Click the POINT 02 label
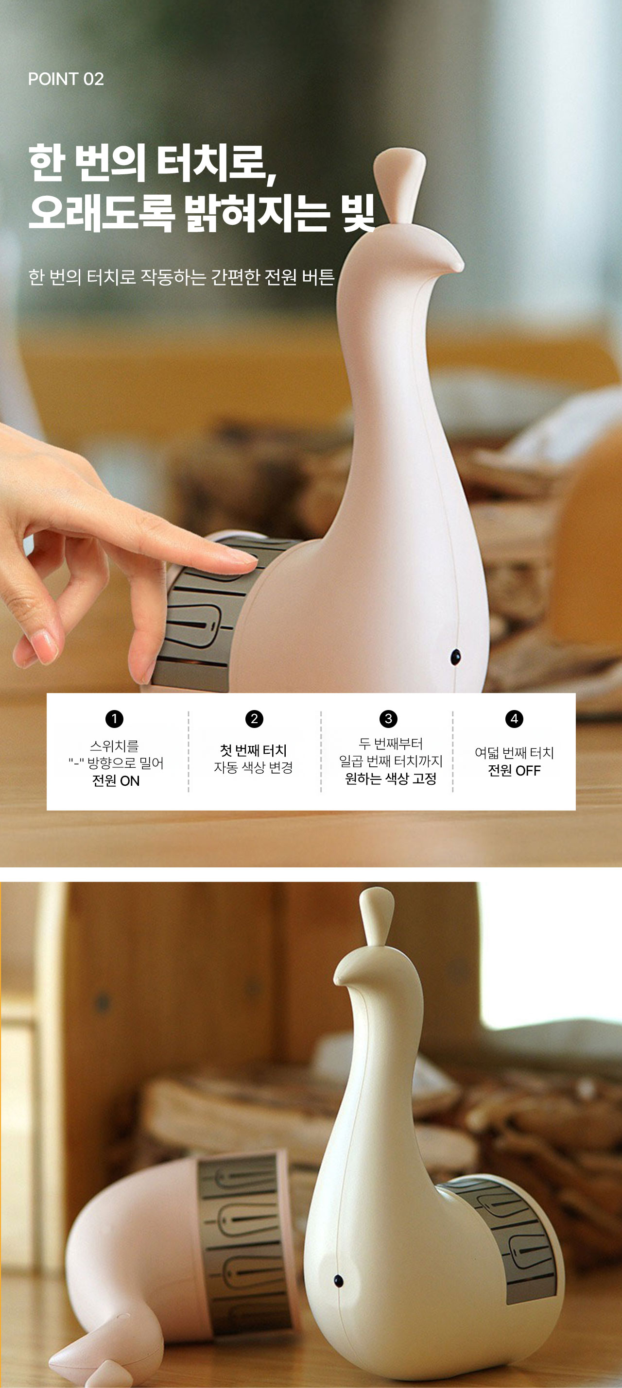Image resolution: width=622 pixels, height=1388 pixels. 66,79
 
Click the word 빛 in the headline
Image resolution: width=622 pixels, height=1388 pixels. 357,213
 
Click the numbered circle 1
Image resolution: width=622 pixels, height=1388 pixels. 114,719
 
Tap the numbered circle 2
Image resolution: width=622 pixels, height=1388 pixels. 254,719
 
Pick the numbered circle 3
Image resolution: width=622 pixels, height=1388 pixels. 388,719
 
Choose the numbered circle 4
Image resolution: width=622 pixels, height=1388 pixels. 514,719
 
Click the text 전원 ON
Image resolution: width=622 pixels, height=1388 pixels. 116,781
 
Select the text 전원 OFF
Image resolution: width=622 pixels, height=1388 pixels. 514,771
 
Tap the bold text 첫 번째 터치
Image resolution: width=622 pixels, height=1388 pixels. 253,750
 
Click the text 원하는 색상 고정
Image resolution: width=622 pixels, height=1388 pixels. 391,779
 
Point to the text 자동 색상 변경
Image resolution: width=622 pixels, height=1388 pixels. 253,767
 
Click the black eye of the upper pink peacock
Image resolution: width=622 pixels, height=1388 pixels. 455,656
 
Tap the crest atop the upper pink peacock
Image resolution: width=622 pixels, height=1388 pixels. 400,183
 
